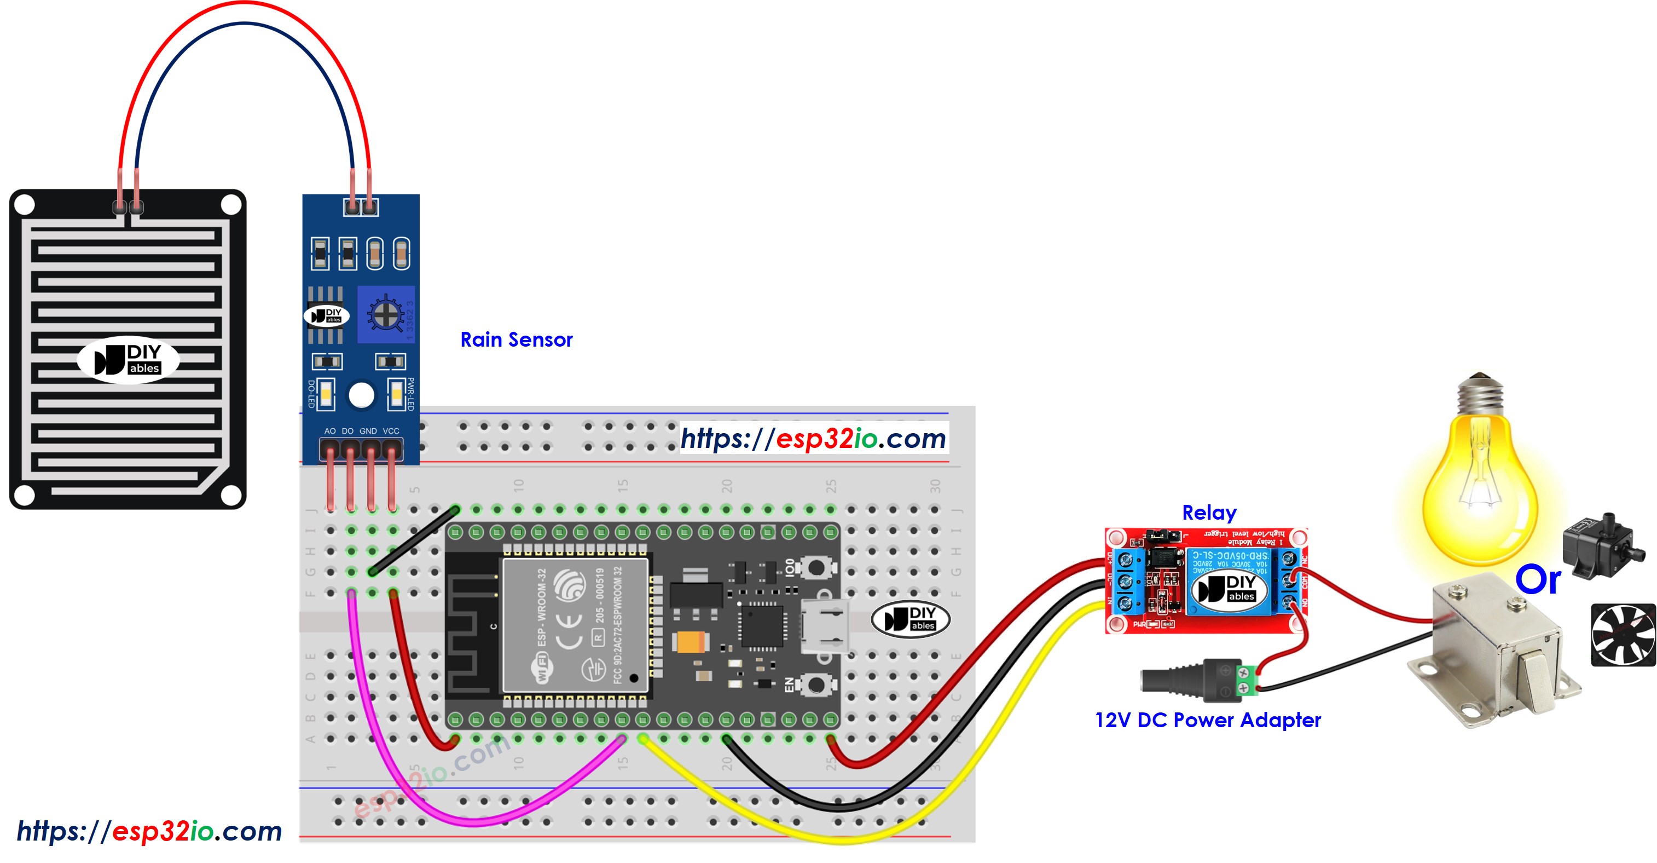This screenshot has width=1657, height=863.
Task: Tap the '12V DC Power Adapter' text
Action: [1207, 720]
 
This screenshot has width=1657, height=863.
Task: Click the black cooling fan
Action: [1623, 635]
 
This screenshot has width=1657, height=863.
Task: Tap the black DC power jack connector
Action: [1190, 680]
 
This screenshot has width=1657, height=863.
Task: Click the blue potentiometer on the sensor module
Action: [385, 314]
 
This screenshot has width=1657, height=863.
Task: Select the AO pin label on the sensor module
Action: [330, 430]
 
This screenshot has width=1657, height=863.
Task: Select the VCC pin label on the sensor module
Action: [391, 430]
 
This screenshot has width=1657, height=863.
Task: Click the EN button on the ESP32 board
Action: [815, 684]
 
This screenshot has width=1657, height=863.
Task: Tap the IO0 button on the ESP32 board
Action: [815, 568]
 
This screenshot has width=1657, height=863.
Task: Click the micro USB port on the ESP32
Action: [824, 625]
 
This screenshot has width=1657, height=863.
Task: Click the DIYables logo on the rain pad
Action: [128, 360]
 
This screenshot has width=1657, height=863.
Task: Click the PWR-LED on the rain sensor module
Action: [396, 394]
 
